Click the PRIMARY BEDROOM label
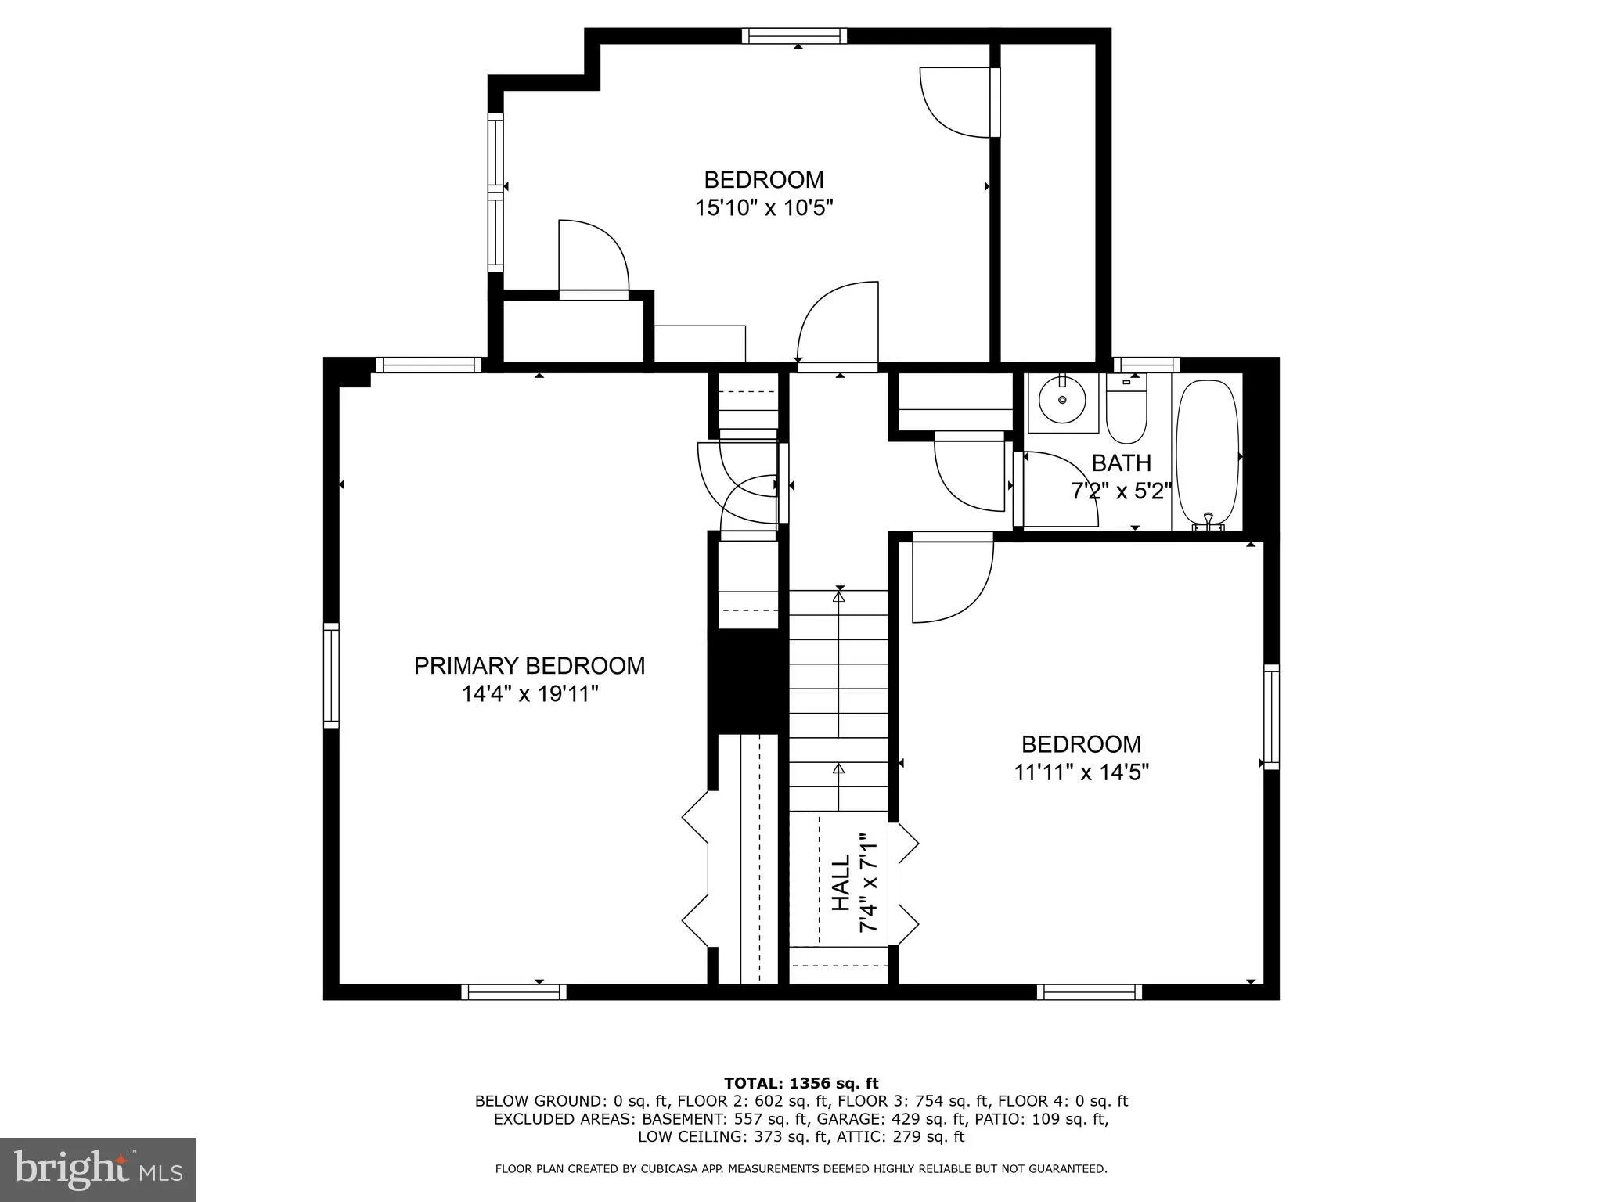pos(529,666)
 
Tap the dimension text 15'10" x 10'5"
pos(763,208)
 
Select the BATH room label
pos(1121,463)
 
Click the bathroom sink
pos(1062,401)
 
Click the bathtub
pos(1208,452)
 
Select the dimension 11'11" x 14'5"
pos(1081,773)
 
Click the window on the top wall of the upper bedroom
pos(794,36)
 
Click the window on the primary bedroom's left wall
pos(332,675)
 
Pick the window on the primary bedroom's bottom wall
pos(513,992)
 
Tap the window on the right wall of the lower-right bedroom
pos(1271,717)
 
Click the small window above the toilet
pos(1147,365)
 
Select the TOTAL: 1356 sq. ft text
pos(801,1084)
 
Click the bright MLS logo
pos(97,1169)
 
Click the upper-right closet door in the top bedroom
pos(959,103)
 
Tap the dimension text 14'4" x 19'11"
pos(530,694)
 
